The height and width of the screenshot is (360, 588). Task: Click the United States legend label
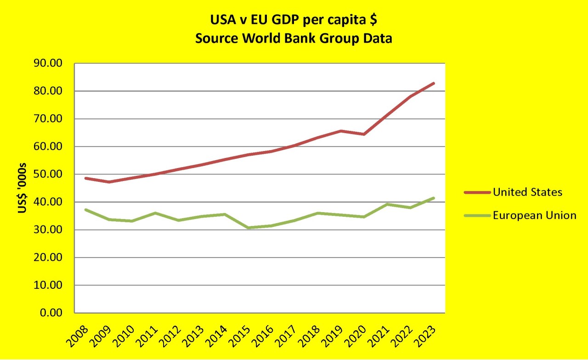click(x=527, y=192)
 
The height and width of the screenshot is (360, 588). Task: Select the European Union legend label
click(x=534, y=215)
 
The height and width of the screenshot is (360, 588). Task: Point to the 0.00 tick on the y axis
click(x=51, y=313)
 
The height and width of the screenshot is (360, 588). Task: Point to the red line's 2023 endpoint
click(x=433, y=84)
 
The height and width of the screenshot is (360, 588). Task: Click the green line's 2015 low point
click(x=248, y=228)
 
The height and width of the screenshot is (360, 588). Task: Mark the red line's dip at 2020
click(x=364, y=134)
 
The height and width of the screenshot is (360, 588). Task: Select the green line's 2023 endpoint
click(x=433, y=198)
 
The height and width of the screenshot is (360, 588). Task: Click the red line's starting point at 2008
click(x=86, y=178)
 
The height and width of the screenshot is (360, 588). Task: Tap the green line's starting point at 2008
click(x=86, y=209)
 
